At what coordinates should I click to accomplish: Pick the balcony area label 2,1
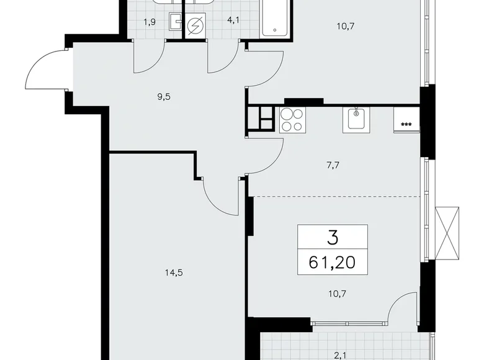(x=339, y=354)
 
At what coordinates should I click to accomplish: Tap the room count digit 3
(x=333, y=236)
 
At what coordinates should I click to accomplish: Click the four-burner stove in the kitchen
(x=292, y=120)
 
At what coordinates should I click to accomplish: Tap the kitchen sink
(x=356, y=119)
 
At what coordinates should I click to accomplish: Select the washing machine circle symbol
(x=196, y=26)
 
